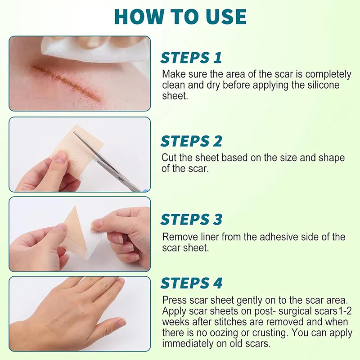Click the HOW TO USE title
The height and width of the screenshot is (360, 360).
coord(180,17)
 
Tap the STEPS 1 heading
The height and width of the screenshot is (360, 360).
coord(191,58)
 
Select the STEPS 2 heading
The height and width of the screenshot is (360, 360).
coord(191,141)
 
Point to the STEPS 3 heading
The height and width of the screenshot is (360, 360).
coord(191,220)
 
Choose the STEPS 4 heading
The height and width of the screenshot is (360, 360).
coord(191,283)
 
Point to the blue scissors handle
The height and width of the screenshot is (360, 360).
coord(145,189)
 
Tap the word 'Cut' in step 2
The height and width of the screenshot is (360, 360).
coord(169,158)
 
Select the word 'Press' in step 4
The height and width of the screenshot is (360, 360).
coord(173,300)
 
